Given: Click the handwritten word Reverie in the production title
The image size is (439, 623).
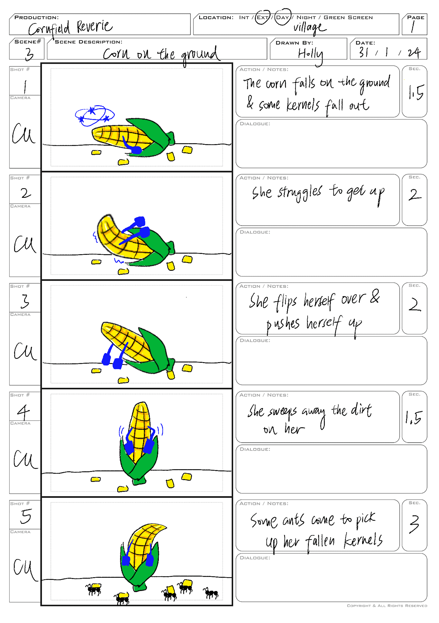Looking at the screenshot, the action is coord(94,27).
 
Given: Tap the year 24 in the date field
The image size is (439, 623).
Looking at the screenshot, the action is coord(414,52).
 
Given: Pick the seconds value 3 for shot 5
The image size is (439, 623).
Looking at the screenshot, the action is coord(414,524).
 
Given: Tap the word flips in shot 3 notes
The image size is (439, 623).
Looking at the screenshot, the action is coord(285,302).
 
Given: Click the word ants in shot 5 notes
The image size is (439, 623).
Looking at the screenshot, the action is coord(294,520).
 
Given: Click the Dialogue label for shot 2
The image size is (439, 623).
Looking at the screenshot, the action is coord(255,232).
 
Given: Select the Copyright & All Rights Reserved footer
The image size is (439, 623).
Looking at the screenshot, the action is coord(387,606).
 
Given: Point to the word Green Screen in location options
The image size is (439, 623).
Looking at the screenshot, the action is coord(348,17).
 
